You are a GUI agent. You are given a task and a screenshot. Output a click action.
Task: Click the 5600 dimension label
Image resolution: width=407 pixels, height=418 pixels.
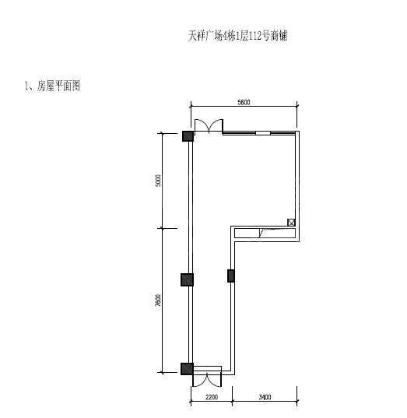pos(244,102)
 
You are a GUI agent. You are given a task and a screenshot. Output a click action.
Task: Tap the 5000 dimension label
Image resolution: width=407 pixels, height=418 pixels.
pos(158,181)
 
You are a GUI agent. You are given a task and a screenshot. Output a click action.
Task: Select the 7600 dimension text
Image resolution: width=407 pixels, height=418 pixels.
pos(158,300)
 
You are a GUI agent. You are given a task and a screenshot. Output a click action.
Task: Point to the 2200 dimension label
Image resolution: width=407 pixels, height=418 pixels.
pos(212,397)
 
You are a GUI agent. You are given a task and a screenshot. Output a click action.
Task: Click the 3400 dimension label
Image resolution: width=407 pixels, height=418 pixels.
pos(265,397)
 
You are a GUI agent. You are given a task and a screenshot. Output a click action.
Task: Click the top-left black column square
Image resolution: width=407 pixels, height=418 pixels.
pos(188,136)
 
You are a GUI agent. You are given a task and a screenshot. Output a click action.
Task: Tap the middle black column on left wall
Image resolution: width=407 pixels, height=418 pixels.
pos(187,280)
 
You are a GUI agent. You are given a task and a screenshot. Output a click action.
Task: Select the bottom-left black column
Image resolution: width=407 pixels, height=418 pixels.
pos(187,369)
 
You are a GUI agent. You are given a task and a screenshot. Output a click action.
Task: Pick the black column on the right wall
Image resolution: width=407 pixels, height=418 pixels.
pos(231,276)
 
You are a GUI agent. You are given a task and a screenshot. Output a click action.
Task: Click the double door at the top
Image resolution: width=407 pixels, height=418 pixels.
pos(209,125)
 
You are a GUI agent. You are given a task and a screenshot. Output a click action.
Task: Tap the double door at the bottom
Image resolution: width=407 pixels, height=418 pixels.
pos(207,379)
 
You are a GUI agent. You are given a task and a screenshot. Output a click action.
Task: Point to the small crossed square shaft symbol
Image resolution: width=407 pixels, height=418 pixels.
pos(291,223)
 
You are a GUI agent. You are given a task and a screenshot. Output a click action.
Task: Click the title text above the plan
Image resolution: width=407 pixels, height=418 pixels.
pos(237,36)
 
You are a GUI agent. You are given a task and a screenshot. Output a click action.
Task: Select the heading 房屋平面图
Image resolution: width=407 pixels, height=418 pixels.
pos(58,86)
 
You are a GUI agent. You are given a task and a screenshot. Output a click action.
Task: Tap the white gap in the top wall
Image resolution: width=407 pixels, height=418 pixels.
pos(263,133)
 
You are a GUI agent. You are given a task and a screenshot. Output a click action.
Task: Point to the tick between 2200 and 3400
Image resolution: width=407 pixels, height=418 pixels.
pos(232,401)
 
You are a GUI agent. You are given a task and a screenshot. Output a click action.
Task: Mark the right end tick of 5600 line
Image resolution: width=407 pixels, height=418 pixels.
pos(297,106)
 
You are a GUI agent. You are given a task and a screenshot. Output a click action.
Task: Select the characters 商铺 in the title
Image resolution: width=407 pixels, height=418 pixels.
pos(279,36)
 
